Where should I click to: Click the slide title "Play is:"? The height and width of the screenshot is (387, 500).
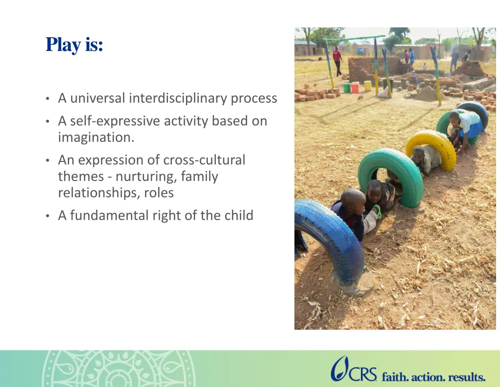tap(74, 45)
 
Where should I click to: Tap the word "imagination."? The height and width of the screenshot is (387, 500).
tap(96, 137)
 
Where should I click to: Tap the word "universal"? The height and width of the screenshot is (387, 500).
tap(98, 98)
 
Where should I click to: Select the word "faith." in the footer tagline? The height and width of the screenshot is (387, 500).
tap(395, 377)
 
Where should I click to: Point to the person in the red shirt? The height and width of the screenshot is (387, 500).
tap(337, 61)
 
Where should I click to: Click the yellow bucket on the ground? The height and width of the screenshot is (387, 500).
tap(367, 86)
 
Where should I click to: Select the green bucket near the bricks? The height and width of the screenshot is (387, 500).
tap(347, 88)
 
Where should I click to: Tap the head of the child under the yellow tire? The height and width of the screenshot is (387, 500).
tap(418, 153)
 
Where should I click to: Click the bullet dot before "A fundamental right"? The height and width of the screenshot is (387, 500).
tap(47, 216)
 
